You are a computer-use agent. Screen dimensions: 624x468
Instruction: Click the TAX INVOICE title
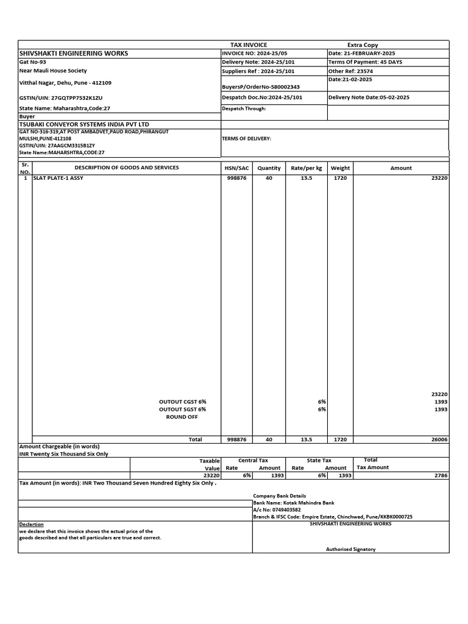click(248, 45)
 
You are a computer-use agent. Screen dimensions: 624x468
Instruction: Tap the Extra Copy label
click(363, 45)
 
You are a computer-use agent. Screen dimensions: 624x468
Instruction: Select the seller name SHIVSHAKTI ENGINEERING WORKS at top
click(74, 54)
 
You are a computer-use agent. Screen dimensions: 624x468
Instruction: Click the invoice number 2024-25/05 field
click(254, 54)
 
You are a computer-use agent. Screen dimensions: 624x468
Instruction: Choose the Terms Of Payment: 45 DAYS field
click(365, 62)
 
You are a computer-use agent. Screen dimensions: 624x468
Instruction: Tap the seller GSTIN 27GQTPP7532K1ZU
click(61, 97)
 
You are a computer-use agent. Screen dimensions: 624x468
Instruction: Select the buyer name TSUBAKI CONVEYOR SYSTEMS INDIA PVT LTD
click(84, 124)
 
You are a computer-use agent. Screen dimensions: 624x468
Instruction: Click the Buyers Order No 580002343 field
click(261, 87)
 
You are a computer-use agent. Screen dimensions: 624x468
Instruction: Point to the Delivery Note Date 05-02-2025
click(369, 97)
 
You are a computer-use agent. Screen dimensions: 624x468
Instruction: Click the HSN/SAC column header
click(236, 168)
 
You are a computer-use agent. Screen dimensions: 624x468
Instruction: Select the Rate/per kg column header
click(307, 168)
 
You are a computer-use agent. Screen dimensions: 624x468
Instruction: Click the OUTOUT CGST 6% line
click(183, 402)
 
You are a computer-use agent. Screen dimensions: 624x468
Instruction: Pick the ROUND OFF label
click(182, 417)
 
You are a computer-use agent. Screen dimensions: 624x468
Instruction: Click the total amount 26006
click(439, 439)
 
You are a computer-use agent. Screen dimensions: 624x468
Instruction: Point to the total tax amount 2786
click(440, 475)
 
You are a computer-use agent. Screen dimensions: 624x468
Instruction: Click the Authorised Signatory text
click(350, 549)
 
